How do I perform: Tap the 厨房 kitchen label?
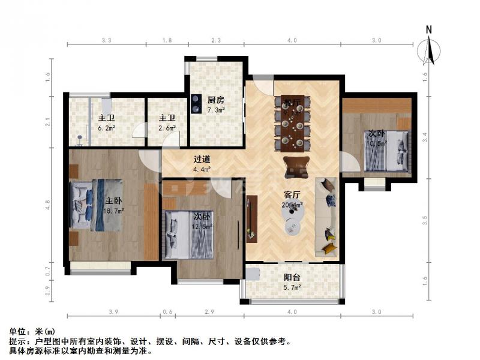(x=216, y=100)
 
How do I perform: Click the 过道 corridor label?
(x=202, y=160)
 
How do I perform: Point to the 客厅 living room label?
(x=292, y=194)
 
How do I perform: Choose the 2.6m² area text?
(x=167, y=128)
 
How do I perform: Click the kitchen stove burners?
(x=196, y=104)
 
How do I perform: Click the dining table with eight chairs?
(x=292, y=124)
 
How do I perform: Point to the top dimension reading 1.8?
(x=167, y=40)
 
